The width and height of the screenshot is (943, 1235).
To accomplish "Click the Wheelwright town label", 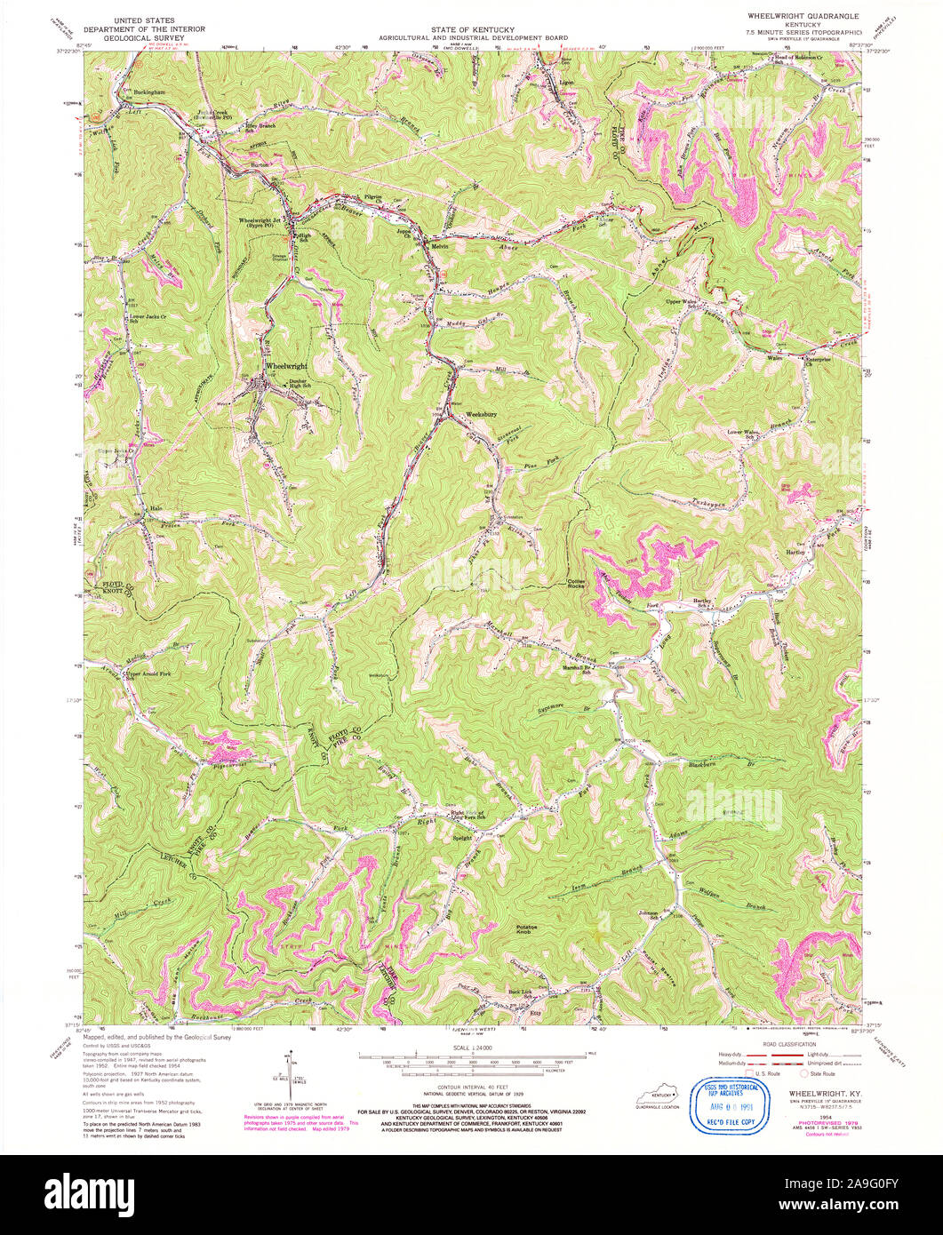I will pyautogui.click(x=285, y=366).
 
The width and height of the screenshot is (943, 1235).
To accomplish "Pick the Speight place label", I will pyautogui.click(x=462, y=838).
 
